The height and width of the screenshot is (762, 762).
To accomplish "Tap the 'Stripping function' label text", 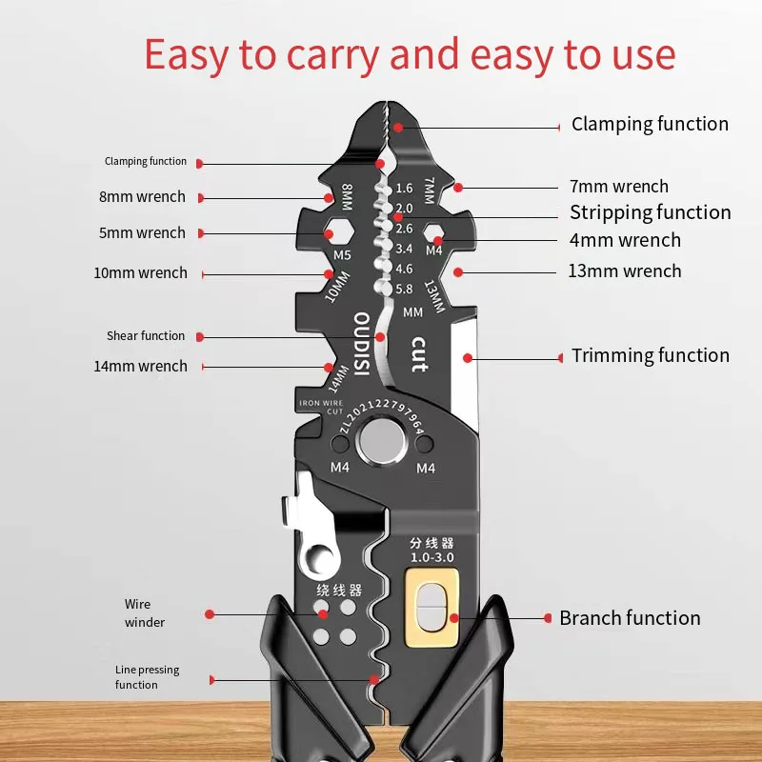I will click(x=651, y=212).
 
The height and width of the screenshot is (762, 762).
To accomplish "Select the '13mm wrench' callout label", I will click(x=625, y=271).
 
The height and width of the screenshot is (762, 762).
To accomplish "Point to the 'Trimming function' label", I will click(x=651, y=356).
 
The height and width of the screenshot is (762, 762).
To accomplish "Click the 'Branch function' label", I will click(x=630, y=618).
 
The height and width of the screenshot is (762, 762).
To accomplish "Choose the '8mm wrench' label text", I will click(x=142, y=197).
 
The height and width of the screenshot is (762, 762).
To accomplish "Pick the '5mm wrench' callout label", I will click(x=142, y=233).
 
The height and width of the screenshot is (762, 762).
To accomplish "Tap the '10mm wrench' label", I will click(x=140, y=273).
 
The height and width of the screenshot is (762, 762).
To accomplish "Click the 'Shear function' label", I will click(x=146, y=336).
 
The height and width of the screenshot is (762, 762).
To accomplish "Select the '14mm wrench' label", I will click(x=140, y=367).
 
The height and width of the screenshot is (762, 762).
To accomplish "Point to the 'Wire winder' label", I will click(x=144, y=613).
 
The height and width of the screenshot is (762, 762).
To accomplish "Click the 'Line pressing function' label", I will click(x=147, y=677).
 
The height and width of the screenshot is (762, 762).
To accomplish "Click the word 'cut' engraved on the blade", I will click(x=417, y=354).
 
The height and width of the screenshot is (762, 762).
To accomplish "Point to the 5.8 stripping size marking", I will click(x=403, y=290).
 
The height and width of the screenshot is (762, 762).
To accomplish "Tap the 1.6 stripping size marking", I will click(x=403, y=189).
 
